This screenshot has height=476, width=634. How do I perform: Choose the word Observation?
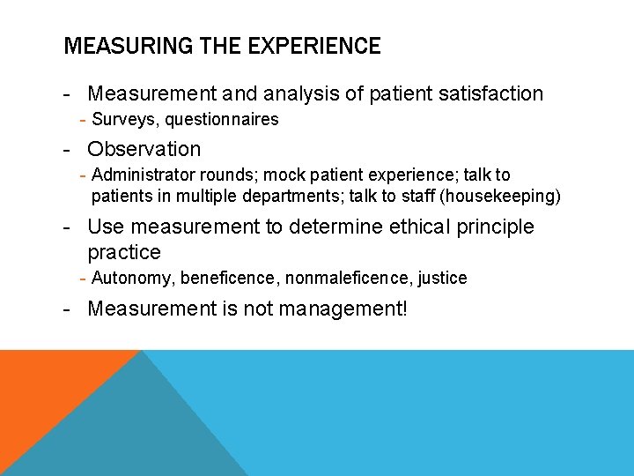(144, 149)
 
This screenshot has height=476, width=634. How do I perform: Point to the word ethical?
(421, 227)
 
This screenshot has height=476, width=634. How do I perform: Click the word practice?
(124, 253)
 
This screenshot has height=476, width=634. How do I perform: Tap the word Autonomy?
(132, 279)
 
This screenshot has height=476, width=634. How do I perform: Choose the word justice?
(442, 279)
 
